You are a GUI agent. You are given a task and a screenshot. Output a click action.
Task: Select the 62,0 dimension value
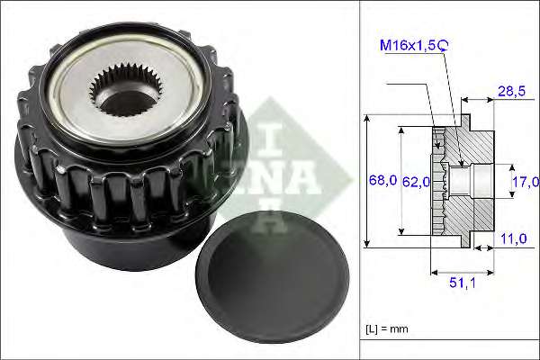415,182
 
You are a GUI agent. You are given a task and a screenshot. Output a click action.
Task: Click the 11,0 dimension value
515,239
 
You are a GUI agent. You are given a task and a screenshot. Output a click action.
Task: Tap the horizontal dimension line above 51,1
463,269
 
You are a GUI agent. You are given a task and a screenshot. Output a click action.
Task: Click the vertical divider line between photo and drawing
360,180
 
